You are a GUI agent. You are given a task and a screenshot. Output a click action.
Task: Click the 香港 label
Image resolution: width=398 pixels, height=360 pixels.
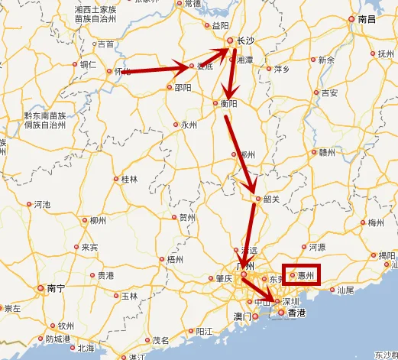pyautogui.click(x=296, y=313)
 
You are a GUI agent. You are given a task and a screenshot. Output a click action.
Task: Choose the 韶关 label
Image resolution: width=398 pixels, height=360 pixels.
pyautogui.click(x=271, y=199)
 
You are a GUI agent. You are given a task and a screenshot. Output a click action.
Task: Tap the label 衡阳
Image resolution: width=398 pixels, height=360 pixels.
pyautogui.click(x=228, y=103)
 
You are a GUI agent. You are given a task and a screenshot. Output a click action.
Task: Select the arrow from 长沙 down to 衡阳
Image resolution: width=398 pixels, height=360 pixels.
pyautogui.click(x=228, y=73)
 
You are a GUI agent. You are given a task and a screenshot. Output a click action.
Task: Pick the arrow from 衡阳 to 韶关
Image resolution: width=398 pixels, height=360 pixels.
pyautogui.click(x=240, y=153)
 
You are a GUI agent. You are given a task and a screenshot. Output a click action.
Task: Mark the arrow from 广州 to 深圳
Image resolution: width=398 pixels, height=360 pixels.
pyautogui.click(x=260, y=292)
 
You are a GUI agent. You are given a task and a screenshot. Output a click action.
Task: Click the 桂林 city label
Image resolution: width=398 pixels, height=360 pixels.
pyautogui.click(x=129, y=180)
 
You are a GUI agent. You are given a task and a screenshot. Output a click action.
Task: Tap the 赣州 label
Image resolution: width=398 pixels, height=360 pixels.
pyautogui.click(x=327, y=152)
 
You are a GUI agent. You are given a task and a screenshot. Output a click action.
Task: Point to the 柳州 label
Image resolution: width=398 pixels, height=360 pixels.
pyautogui.click(x=97, y=220)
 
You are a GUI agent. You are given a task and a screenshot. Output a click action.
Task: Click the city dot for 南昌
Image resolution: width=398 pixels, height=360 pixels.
pyautogui.click(x=351, y=19)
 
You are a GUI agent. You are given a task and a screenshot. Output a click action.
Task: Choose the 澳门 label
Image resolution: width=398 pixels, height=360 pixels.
pyautogui.click(x=243, y=316)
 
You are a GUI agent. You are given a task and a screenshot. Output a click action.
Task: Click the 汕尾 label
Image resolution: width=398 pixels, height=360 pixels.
pyautogui.click(x=345, y=290)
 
